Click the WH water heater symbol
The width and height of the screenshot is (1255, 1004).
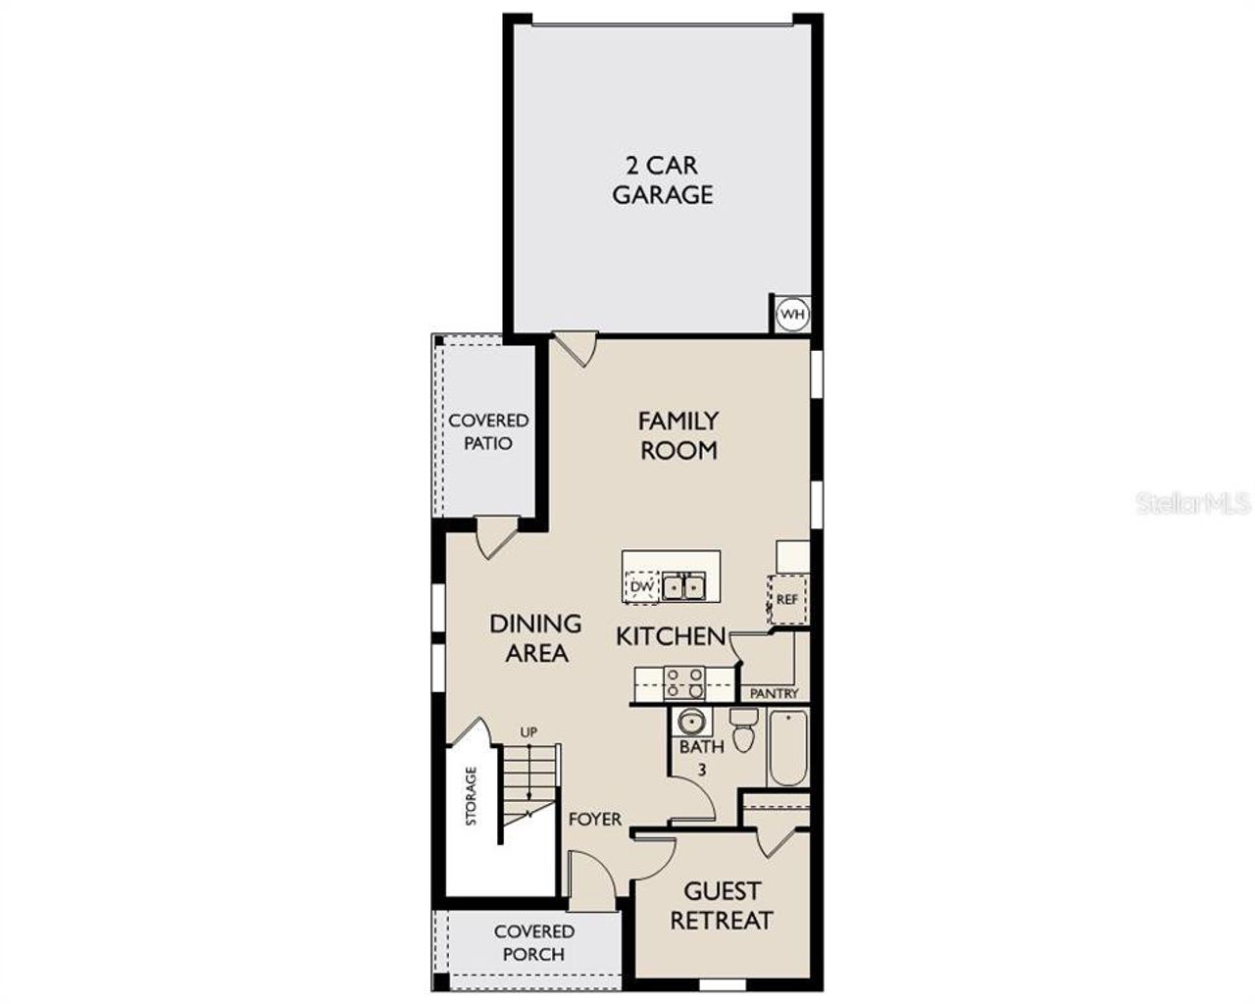[x=791, y=315]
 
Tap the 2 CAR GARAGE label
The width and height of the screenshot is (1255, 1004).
[x=663, y=179]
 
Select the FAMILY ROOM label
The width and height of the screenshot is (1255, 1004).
[x=678, y=435]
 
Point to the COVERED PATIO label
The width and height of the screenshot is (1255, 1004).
[x=488, y=431]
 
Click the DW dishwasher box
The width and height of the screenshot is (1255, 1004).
[x=641, y=586]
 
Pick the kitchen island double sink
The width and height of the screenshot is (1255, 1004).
[x=684, y=586]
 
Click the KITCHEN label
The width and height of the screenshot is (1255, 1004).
[x=671, y=636]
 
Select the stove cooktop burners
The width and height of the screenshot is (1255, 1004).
[x=683, y=679]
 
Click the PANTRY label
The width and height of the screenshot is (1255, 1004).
[x=774, y=693]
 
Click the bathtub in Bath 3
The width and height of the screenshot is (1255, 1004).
[x=787, y=748]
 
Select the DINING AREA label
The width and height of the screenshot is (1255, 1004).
[x=535, y=637]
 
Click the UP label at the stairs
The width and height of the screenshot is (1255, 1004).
[x=528, y=732]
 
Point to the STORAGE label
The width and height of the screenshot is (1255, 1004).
[x=471, y=795]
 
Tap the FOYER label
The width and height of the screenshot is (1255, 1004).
[x=595, y=818]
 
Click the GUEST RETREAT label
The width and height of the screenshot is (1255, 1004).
[x=722, y=906]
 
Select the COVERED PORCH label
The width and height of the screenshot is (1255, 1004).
[x=534, y=942]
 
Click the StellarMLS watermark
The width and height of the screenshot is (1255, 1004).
[x=1193, y=504]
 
